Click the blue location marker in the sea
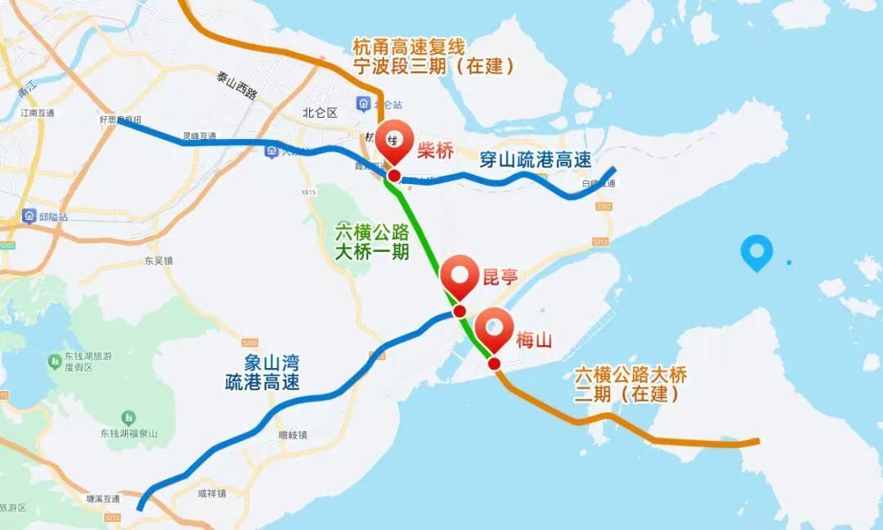tap(756, 253)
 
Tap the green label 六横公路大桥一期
tap(372, 242)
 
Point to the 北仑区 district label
tap(320, 113)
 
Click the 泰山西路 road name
tap(237, 87)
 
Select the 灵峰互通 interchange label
tap(199, 137)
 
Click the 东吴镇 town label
tap(159, 262)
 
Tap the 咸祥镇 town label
tap(211, 493)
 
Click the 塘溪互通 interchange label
tap(103, 498)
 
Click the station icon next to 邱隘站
tap(29, 218)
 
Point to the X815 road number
tap(308, 192)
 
